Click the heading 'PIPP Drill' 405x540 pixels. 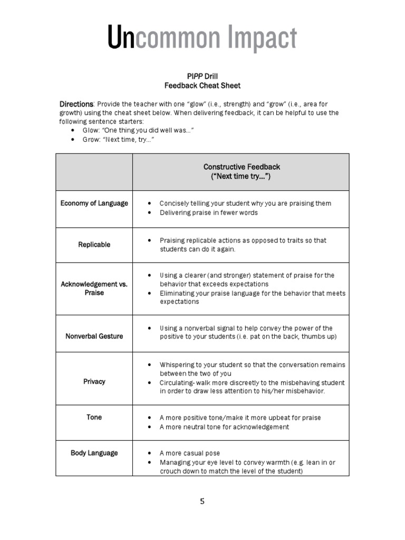(202, 76)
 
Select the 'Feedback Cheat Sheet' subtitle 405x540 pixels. (202, 85)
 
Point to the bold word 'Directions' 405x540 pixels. (76, 104)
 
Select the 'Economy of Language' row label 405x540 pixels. (94, 204)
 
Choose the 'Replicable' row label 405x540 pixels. (94, 245)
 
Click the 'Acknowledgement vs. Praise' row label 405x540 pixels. (94, 288)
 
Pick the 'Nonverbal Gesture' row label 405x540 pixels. (94, 336)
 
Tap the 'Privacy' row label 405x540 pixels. (94, 381)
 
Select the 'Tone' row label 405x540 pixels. (94, 417)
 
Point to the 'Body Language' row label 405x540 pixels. (94, 453)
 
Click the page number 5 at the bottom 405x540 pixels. (202, 502)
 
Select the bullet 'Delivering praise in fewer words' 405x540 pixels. (209, 213)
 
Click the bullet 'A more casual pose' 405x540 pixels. (189, 453)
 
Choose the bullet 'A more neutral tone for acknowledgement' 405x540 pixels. (224, 427)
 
